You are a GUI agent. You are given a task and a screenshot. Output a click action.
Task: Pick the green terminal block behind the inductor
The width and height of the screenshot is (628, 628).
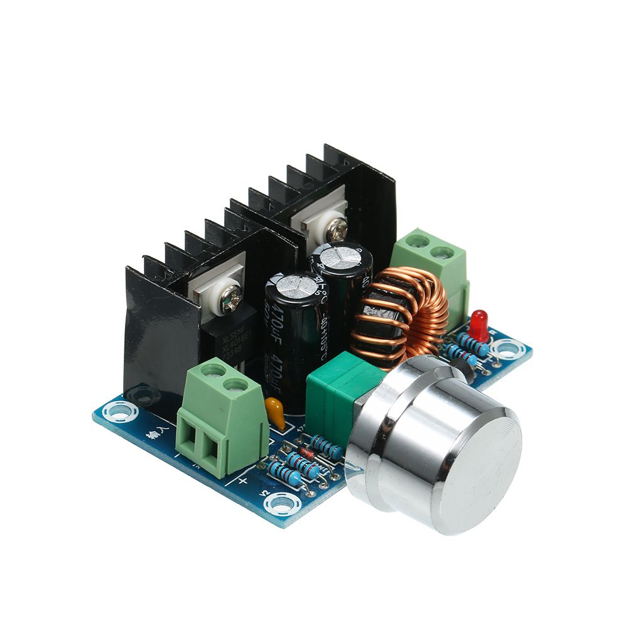point(431,257)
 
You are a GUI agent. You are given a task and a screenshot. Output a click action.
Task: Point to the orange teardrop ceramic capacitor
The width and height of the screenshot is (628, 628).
point(274,412)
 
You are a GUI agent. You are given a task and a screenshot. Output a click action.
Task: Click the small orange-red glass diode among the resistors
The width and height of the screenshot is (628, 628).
point(307,453)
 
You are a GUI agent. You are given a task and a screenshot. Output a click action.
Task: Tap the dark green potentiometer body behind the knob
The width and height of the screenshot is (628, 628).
point(339,389)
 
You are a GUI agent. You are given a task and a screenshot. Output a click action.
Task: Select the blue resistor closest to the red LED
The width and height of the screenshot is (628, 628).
point(472,344)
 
